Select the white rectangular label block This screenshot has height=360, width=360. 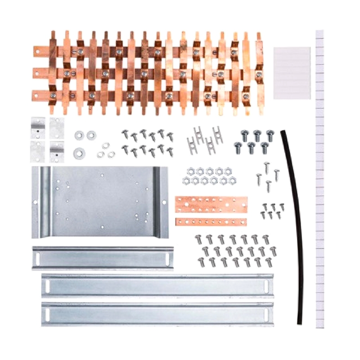point(292,72)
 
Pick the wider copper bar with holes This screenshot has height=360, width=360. point(211,202)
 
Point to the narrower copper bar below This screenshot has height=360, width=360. point(211,221)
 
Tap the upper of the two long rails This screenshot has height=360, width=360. point(157,285)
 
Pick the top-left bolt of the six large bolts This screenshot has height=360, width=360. point(245,135)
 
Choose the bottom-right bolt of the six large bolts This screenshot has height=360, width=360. point(264,147)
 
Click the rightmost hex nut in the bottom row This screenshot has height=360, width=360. point(232,180)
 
